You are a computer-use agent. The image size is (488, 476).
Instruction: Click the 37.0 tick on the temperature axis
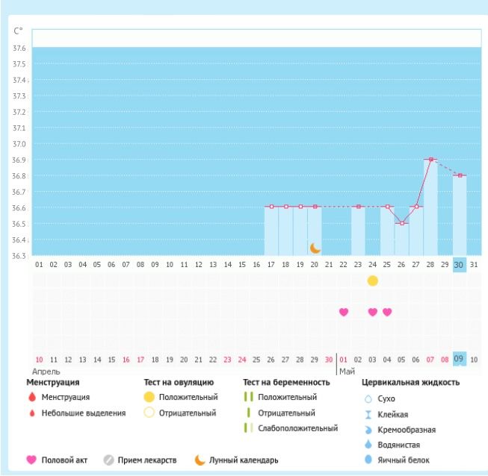[x=20, y=144]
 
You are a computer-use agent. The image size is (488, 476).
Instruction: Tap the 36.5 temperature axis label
[x=20, y=224]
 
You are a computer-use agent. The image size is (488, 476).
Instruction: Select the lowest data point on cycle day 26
[x=402, y=223]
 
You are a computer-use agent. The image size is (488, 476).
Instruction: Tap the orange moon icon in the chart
[x=315, y=247]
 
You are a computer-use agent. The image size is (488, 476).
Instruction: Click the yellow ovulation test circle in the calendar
[x=373, y=281]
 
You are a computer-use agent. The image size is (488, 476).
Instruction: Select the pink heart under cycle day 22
[x=344, y=312]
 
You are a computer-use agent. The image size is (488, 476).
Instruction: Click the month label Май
[x=347, y=371]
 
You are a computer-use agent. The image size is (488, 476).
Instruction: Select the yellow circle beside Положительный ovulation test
[x=149, y=397]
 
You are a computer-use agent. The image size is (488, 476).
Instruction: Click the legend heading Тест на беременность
[x=286, y=383]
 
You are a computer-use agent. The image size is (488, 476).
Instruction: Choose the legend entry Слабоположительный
[x=297, y=428]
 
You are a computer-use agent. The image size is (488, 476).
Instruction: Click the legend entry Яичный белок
[x=404, y=460]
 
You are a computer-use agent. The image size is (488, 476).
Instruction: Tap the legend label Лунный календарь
[x=244, y=460]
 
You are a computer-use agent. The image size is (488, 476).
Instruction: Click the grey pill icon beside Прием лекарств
[x=108, y=460]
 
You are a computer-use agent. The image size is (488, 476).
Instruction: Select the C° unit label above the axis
[x=18, y=31]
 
